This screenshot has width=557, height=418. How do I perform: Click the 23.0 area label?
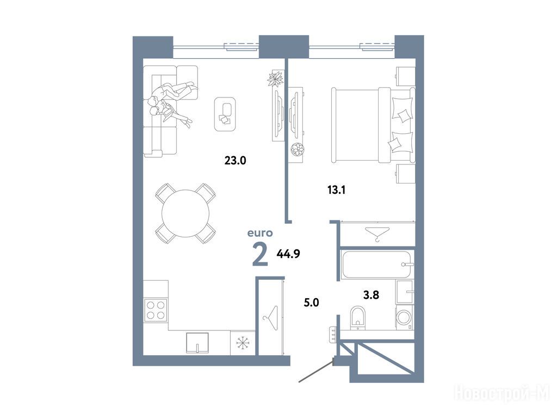[x=235, y=161]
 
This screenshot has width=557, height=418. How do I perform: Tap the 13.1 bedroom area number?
[x=336, y=190]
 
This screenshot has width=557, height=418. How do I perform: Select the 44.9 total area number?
[x=288, y=254]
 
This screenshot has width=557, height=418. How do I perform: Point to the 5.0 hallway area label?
[x=311, y=303]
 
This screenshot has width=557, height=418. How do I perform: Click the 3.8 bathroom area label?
[x=371, y=294]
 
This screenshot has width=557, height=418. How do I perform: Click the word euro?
[x=260, y=233]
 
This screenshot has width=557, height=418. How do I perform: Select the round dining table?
[x=185, y=213]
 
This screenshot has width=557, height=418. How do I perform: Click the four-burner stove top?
[x=156, y=310]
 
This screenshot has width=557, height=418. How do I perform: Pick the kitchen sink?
[x=197, y=343]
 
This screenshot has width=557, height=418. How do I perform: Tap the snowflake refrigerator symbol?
[x=243, y=343]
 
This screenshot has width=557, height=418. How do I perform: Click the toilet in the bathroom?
[x=357, y=317]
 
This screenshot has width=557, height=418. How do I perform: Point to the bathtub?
[x=377, y=265]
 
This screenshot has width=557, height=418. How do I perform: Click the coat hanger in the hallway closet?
[x=271, y=314]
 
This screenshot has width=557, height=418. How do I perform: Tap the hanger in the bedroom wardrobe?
[x=377, y=234]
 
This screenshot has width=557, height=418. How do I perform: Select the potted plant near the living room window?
[x=276, y=78]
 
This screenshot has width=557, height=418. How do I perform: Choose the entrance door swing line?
[x=316, y=371]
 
